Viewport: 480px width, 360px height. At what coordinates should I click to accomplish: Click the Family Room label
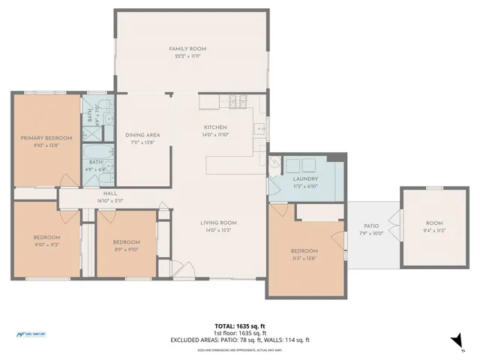click(187, 49)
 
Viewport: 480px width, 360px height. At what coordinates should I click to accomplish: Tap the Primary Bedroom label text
click(46, 138)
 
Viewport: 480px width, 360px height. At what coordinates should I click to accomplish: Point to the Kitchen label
click(216, 127)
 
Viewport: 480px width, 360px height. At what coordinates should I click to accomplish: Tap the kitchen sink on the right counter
click(259, 128)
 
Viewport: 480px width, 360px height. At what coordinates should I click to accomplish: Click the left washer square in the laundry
click(287, 164)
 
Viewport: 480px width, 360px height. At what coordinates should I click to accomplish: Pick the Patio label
click(371, 226)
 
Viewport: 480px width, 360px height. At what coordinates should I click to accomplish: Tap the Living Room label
click(218, 223)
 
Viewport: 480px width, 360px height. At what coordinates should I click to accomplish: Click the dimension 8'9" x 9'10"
click(126, 249)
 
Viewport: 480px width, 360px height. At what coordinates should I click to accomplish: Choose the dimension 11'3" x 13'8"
click(304, 258)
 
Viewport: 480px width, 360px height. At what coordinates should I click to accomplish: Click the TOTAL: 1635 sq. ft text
click(239, 326)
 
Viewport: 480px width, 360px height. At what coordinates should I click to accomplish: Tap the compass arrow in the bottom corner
click(456, 341)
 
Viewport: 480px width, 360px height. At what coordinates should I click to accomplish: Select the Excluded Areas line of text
click(239, 340)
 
